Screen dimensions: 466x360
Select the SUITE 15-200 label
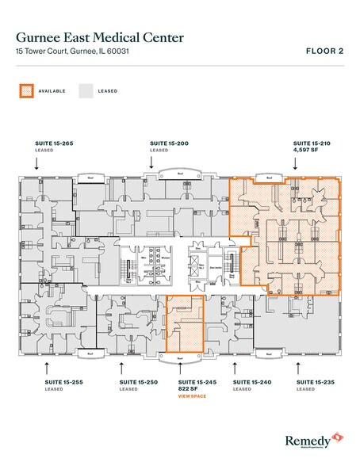pyautogui.click(x=169, y=143)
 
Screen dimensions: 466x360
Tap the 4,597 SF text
pyautogui.click(x=304, y=150)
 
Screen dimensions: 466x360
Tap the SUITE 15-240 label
pyautogui.click(x=252, y=382)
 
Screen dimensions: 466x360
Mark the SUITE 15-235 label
pyautogui.click(x=315, y=382)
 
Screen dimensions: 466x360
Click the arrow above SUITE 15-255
pyautogui.click(x=48, y=366)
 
